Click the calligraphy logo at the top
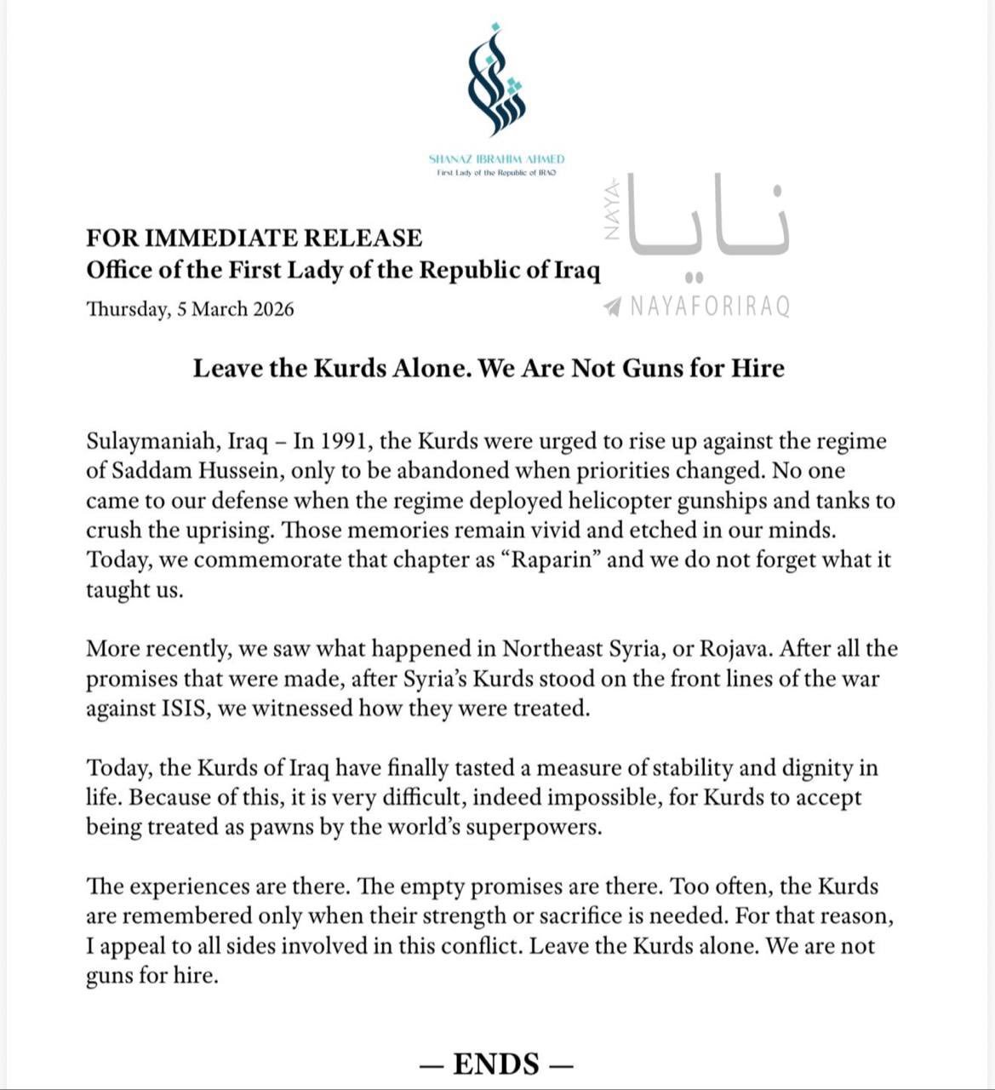point(496,81)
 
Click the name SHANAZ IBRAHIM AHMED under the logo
point(496,159)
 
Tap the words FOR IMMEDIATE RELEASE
point(254,238)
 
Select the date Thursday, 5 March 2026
point(190,309)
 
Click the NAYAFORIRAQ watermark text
point(710,307)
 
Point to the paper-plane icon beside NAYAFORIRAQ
point(611,307)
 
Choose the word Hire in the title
point(756,368)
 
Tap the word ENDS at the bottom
point(496,1064)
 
